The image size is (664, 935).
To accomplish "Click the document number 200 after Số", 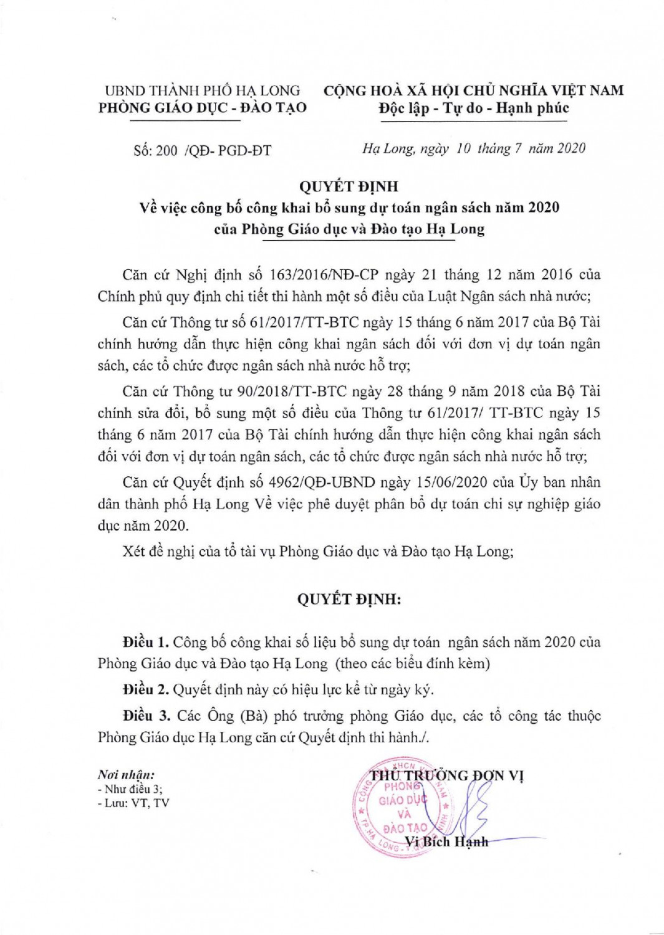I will coord(167,150).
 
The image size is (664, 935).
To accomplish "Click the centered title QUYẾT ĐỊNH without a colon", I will coord(349,186).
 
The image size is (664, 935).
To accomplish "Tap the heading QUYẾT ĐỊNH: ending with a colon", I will coord(349,600).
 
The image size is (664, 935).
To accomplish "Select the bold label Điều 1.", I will coord(146,642).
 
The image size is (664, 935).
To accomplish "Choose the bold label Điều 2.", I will coord(146,689).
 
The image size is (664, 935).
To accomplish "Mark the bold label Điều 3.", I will coord(146,716).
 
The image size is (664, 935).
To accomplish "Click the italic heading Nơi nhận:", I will coord(126,775).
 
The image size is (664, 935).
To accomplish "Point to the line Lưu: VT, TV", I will coord(133,803).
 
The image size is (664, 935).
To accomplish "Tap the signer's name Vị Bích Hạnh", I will coord(446,842).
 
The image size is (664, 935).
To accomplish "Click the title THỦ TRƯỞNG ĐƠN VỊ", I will coord(446,775).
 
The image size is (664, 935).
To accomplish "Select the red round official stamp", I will coord(402,808).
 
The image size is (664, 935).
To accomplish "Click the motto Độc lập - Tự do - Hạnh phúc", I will coord(474,108).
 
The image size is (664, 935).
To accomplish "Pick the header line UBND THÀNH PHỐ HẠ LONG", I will coord(202,91).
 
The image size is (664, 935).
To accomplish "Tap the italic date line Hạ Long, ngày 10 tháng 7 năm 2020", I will coord(474,148).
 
